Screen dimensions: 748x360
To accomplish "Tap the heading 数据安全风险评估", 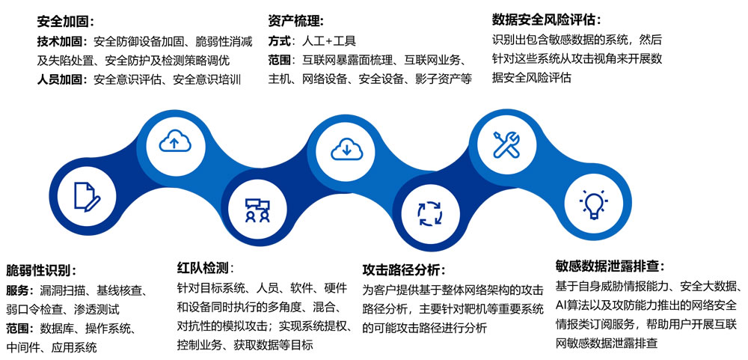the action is click(x=545, y=19).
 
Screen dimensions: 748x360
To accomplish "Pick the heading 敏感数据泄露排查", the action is click(x=608, y=266).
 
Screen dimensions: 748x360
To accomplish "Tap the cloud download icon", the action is click(x=347, y=149).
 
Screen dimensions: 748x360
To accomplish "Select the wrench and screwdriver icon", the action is click(x=506, y=144).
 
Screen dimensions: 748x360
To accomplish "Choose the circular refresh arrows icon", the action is click(x=430, y=213).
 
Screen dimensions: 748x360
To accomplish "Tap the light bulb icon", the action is click(x=593, y=204).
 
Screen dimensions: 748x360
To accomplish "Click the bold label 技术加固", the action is click(x=60, y=42).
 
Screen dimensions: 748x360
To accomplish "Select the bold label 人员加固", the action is click(x=60, y=79).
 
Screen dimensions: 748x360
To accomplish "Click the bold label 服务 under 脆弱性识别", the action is click(x=18, y=290).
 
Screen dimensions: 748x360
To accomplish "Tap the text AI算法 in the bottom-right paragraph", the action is click(x=577, y=305).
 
